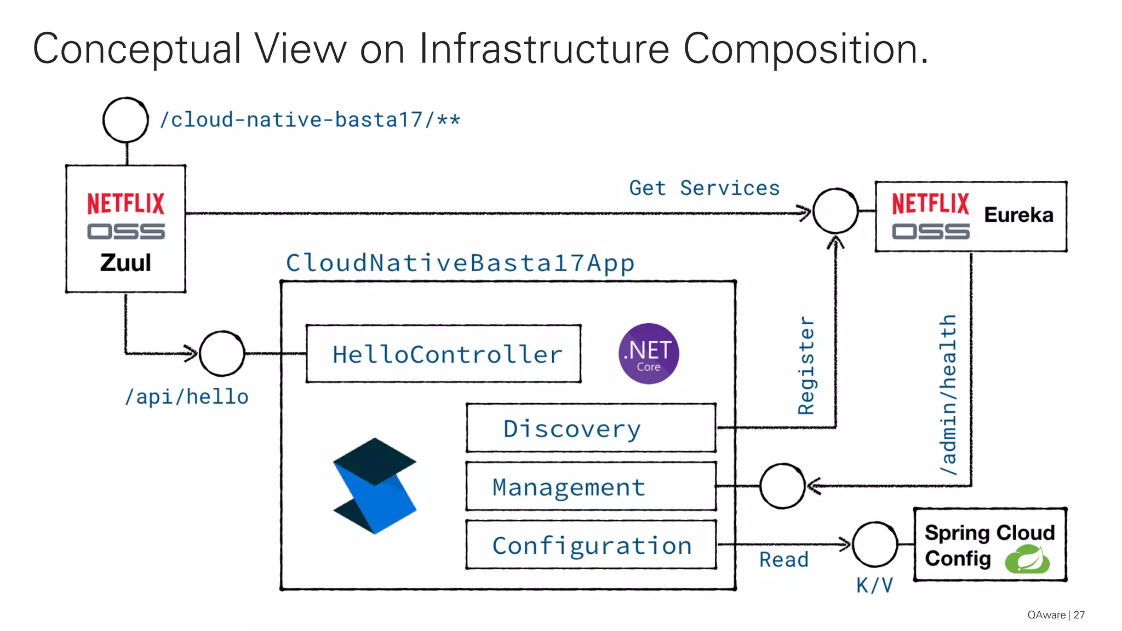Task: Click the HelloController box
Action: tap(443, 354)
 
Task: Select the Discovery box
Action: tap(591, 428)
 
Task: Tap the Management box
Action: tap(591, 486)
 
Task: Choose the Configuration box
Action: tap(591, 545)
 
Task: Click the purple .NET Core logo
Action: tap(649, 354)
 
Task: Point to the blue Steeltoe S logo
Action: tap(375, 486)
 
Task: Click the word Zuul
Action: tap(125, 263)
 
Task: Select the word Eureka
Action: tap(1018, 215)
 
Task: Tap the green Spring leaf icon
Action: tap(1027, 559)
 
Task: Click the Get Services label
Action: tap(704, 188)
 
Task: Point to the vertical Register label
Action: tap(806, 365)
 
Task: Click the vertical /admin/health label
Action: tap(948, 394)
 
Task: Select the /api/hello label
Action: tap(187, 397)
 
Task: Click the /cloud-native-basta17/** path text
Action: tap(310, 119)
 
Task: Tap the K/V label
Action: tap(874, 586)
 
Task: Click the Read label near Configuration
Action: tap(783, 560)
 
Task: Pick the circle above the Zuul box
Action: tap(125, 120)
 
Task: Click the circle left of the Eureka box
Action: tap(835, 211)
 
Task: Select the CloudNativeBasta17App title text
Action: tap(460, 263)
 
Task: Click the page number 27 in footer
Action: tap(1079, 615)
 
